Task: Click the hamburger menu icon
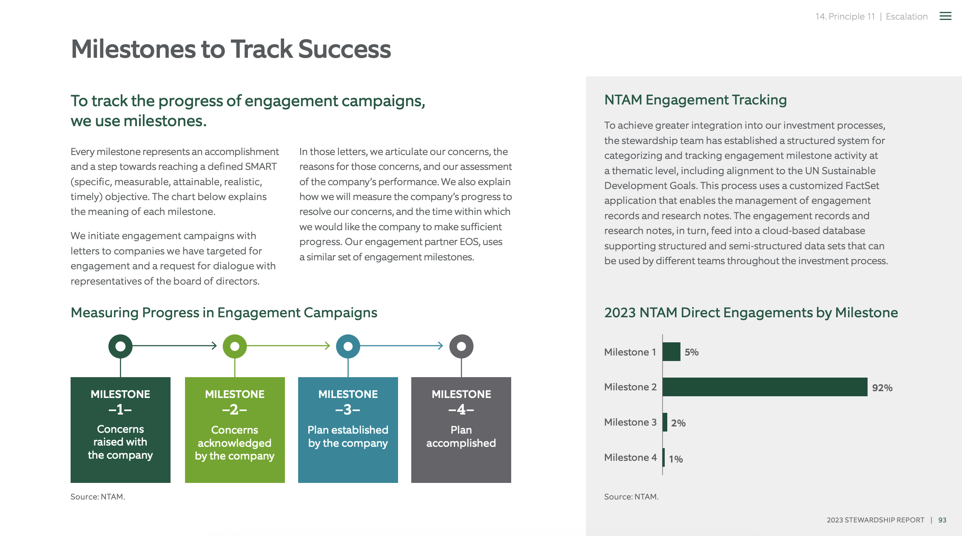pos(945,16)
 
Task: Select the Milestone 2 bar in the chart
pos(765,387)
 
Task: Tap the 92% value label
pos(882,388)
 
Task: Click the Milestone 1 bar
pos(672,352)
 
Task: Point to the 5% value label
pos(692,352)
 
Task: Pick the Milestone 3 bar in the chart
pos(665,422)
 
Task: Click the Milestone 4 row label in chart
pos(630,457)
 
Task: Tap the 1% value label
pos(676,459)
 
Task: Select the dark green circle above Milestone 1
pos(120,346)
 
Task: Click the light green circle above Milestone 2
pos(235,346)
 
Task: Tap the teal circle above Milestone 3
pos(348,346)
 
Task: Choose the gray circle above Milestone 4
pos(461,346)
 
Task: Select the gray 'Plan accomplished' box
pos(461,430)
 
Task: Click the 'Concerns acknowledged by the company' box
pos(235,430)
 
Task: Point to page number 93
pos(942,520)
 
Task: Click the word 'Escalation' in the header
pos(906,17)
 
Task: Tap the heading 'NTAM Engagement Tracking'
pos(695,100)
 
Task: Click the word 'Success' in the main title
pos(344,49)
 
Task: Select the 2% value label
pos(678,423)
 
